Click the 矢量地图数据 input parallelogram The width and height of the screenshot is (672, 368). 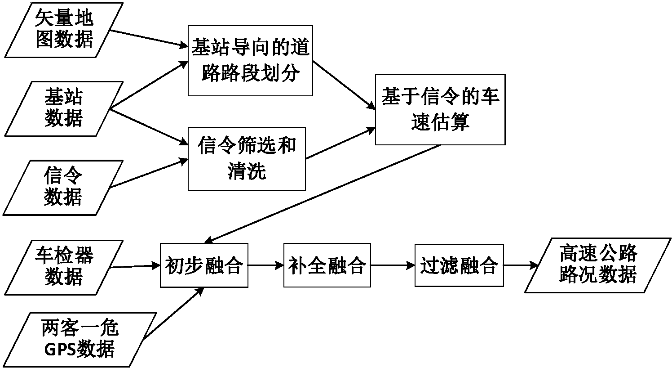click(63, 29)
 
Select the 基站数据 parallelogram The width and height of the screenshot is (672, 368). click(63, 108)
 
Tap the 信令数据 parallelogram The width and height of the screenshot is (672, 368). click(63, 187)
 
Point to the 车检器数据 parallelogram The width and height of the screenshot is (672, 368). click(63, 267)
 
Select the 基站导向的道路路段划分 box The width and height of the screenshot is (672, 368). click(250, 61)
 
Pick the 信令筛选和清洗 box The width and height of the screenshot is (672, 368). click(247, 159)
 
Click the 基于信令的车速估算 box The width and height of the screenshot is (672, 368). click(440, 110)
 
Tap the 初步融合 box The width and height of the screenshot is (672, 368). click(204, 265)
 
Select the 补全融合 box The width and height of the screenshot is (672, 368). click(327, 265)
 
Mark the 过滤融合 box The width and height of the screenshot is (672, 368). click(459, 265)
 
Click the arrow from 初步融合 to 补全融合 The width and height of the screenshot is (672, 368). click(265, 265)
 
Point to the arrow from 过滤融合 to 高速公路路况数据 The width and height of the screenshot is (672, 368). click(521, 265)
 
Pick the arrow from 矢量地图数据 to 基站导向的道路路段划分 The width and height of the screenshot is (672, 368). click(148, 38)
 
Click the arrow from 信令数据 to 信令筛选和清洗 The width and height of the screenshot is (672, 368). click(148, 173)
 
